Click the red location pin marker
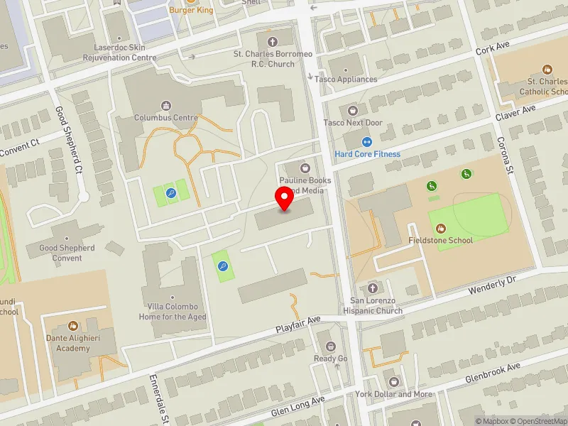285,200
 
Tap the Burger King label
191,10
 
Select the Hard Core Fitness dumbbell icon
367,142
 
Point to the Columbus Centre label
167,117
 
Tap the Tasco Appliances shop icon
346,67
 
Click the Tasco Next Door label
353,123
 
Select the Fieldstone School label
440,240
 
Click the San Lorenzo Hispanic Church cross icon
373,288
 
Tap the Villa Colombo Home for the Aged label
173,312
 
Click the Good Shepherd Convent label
67,253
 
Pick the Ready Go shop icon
330,346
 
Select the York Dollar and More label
394,394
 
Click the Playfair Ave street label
299,324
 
